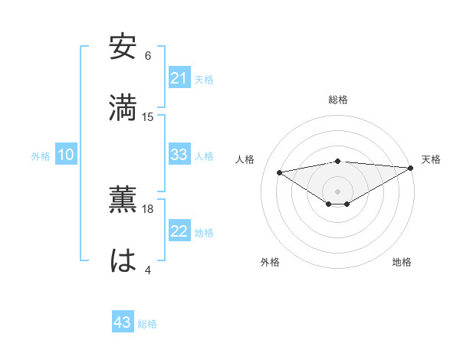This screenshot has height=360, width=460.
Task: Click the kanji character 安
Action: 123,47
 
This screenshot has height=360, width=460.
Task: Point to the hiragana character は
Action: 123,260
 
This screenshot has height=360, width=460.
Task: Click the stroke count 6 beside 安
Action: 148,56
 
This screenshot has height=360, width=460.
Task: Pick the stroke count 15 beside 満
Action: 148,116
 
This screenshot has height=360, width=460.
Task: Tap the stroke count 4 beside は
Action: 148,270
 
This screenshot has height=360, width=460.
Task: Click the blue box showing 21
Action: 179,78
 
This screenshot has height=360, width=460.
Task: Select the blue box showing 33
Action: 179,155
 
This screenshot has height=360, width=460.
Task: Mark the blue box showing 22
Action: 179,232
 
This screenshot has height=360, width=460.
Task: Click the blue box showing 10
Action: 66,155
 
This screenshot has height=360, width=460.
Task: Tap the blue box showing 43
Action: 123,322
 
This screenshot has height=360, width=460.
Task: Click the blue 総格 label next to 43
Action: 147,324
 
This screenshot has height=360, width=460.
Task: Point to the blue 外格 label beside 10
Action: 41,156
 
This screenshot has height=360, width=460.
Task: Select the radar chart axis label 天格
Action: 431,159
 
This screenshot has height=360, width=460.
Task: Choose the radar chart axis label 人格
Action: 245,159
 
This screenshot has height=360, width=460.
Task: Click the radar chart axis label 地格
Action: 402,262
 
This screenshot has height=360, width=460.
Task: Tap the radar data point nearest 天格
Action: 411,167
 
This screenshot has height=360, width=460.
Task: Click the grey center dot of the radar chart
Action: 337,191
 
